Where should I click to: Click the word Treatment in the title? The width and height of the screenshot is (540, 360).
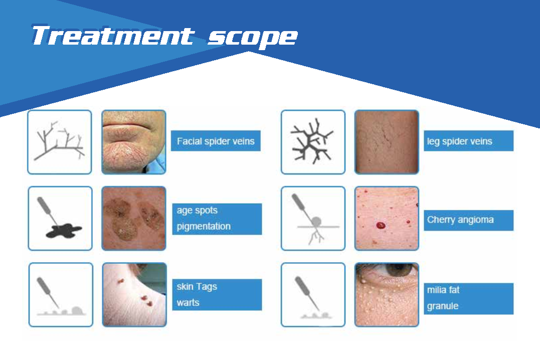[x=113, y=36]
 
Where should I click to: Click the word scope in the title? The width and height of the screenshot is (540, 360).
[x=253, y=38]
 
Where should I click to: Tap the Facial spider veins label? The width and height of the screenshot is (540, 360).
[x=216, y=141]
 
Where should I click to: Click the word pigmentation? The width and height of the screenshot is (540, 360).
[x=204, y=226]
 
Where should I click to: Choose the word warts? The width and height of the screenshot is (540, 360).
[x=188, y=302]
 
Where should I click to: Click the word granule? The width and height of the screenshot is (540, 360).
[x=443, y=306]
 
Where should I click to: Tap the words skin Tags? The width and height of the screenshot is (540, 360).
[x=197, y=286]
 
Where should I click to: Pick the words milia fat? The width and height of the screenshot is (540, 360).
[x=443, y=290]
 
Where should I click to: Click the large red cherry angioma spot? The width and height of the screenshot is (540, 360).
[x=381, y=226]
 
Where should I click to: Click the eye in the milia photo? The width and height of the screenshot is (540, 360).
[x=398, y=269]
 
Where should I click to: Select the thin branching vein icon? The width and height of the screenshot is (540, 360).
[x=59, y=141]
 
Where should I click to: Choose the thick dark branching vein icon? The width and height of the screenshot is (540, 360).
[x=312, y=141]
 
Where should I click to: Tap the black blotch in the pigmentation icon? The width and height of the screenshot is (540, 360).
[x=64, y=231]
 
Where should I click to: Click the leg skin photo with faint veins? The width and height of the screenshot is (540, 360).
[x=387, y=142]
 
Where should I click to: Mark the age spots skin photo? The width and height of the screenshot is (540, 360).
[x=134, y=219]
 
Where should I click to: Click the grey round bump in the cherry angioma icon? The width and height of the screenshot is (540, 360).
[x=316, y=222]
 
